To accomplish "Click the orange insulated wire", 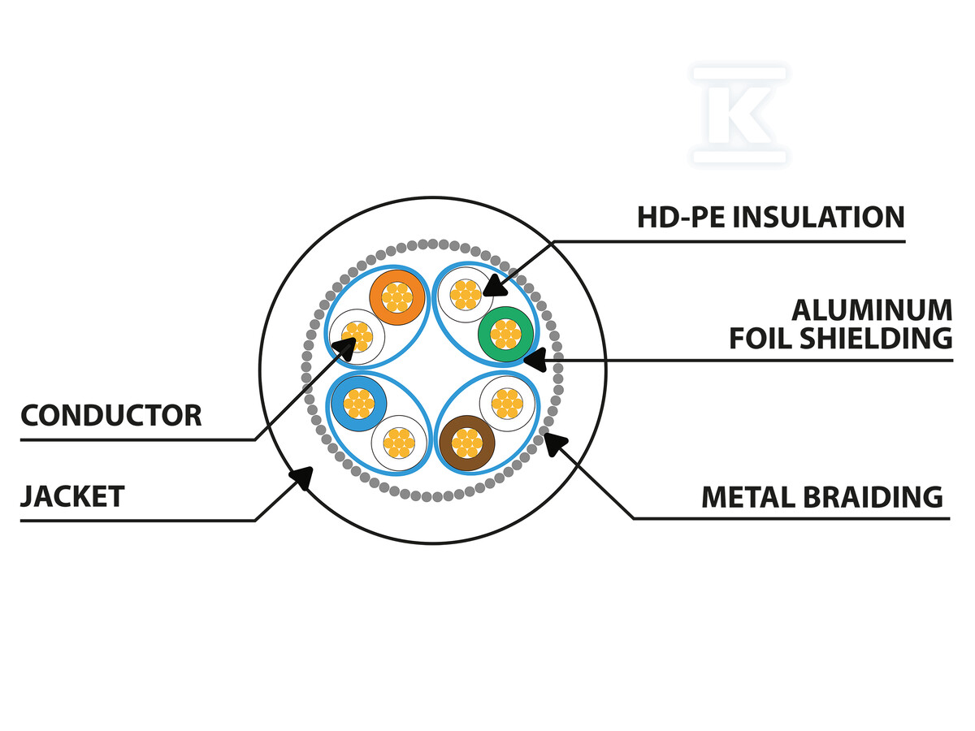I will [397, 296].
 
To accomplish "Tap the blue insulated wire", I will [357, 404].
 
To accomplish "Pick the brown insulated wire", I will [466, 443].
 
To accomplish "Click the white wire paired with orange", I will [357, 336].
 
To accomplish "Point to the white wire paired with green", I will [465, 294].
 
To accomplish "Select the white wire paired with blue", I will [398, 443].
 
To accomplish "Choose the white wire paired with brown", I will [507, 403].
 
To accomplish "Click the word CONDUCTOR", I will [110, 416].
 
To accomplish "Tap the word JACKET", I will [72, 496].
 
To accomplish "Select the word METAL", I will [737, 496].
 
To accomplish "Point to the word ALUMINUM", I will [872, 310].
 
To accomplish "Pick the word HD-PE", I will [682, 218].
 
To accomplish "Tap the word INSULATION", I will [820, 218].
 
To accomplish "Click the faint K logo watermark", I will [739, 115].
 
